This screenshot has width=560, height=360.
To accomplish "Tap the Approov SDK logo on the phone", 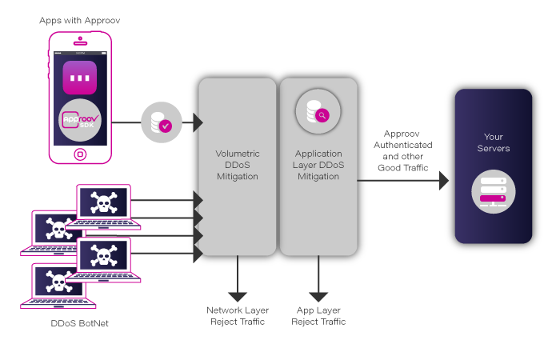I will [x=80, y=121].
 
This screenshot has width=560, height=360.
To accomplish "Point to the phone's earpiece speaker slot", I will [x=80, y=38].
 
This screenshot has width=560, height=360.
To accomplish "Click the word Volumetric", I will [x=238, y=154].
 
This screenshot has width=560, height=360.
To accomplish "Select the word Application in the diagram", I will [x=318, y=154].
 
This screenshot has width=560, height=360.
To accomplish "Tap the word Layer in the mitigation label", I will [x=306, y=165].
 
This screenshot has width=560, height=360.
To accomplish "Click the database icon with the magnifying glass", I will [x=317, y=112].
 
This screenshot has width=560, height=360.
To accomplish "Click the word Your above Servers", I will [x=494, y=137].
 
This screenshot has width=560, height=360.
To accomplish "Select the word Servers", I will [x=494, y=148].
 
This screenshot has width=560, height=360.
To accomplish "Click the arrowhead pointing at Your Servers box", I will [x=444, y=181].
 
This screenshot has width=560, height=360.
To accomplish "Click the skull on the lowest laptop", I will [x=58, y=282].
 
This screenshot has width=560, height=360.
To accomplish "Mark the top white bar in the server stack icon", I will [x=493, y=182].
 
